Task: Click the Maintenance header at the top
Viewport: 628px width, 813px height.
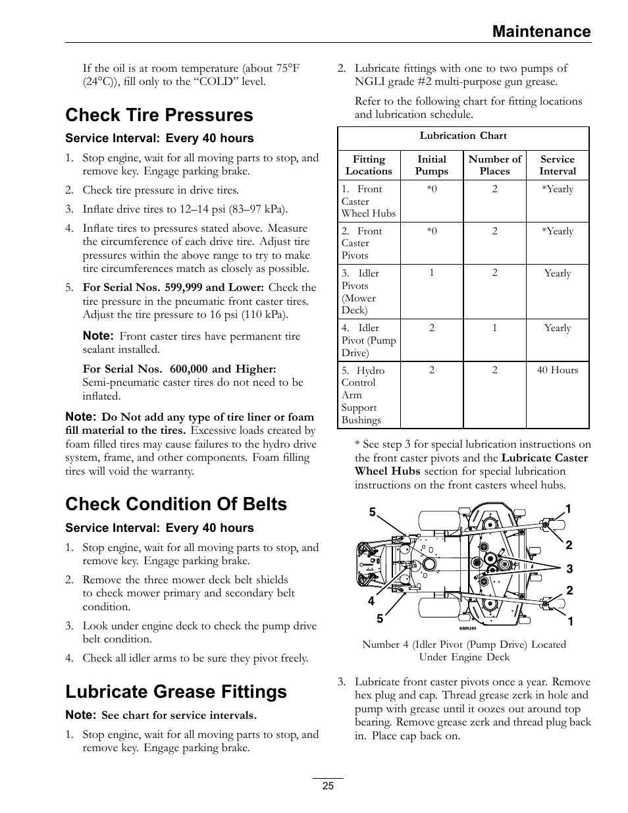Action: [x=542, y=32]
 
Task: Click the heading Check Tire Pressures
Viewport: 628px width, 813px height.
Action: [x=159, y=115]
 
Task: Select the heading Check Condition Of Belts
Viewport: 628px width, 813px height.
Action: [x=176, y=504]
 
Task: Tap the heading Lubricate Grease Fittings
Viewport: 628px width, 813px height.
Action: [x=176, y=692]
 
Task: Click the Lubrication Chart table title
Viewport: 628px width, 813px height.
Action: [x=463, y=136]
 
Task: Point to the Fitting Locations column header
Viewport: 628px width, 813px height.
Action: [x=369, y=165]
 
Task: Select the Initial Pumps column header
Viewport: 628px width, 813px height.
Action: [x=431, y=165]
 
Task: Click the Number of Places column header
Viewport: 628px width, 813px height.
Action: [x=494, y=165]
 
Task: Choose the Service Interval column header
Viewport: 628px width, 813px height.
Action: [x=557, y=165]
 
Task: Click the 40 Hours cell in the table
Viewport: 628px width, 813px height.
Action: [x=557, y=371]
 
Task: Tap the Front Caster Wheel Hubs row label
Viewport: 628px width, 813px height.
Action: [x=368, y=201]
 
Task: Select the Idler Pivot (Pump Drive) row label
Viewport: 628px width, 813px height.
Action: [x=368, y=340]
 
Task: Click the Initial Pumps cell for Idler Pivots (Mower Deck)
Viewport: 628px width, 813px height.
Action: [x=431, y=273]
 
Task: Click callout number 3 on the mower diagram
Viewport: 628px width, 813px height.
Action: [x=570, y=569]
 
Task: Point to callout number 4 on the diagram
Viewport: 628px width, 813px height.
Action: [x=371, y=602]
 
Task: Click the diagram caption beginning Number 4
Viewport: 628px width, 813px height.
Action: [x=463, y=650]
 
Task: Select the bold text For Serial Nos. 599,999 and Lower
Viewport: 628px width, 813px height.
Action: [x=173, y=288]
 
